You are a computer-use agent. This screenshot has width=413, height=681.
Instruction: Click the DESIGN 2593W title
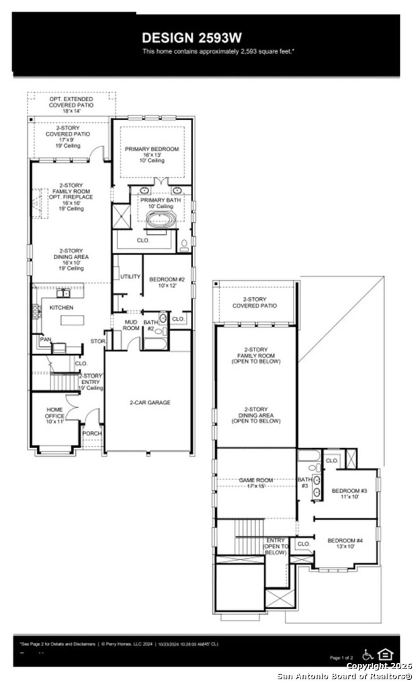click(x=192, y=38)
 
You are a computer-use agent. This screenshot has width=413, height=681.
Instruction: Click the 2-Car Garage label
click(x=150, y=402)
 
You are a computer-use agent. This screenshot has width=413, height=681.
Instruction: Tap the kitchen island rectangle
click(x=73, y=320)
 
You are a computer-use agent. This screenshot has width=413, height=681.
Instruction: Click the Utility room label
click(x=130, y=277)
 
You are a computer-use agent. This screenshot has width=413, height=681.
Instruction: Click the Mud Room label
click(x=131, y=325)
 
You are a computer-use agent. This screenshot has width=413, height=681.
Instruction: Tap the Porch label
click(x=92, y=433)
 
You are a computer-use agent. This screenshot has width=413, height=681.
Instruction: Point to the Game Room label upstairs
click(x=256, y=483)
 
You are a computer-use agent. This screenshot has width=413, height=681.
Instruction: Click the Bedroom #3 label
click(x=349, y=494)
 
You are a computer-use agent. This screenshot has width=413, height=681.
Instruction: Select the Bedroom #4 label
click(x=345, y=543)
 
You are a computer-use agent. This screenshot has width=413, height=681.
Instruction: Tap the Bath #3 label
click(x=305, y=483)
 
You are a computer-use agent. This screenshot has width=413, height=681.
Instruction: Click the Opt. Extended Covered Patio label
click(x=71, y=105)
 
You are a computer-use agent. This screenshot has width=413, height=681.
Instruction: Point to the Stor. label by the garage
click(x=97, y=341)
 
